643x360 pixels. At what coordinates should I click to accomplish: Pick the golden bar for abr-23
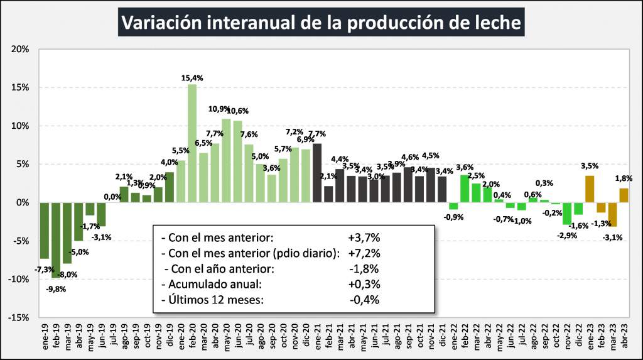click(624, 195)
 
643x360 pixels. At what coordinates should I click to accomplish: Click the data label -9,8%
click(55, 289)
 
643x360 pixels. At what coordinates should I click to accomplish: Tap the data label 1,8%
click(625, 178)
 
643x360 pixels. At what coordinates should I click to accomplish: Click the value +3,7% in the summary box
click(364, 238)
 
